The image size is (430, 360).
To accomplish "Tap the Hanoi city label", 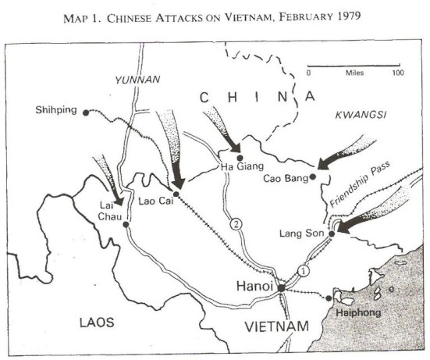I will point(254,287).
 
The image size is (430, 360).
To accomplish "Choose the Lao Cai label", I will point(155,201).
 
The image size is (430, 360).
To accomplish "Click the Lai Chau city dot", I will point(126,223).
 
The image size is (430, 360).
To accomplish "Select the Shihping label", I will point(57,110).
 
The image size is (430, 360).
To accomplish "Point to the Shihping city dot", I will point(84,111).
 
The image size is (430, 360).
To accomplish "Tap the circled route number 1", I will point(304,270).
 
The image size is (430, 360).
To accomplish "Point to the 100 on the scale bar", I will point(397,72).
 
